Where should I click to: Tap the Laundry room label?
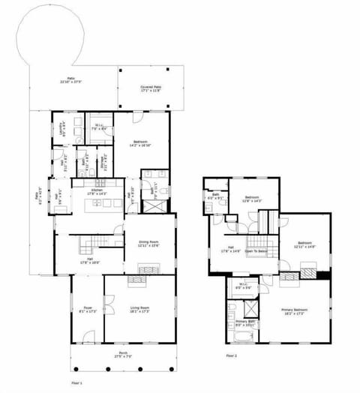[64, 127]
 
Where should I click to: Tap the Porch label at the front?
[124, 355]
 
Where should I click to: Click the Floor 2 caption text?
[232, 355]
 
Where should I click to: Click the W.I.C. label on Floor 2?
[243, 286]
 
